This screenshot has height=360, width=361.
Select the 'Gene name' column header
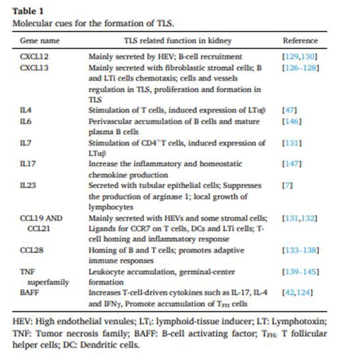pos(38,41)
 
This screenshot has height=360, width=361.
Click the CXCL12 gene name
pos(34,57)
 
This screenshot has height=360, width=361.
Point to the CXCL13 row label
pos(34,68)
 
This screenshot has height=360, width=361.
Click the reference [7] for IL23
pos(287,186)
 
